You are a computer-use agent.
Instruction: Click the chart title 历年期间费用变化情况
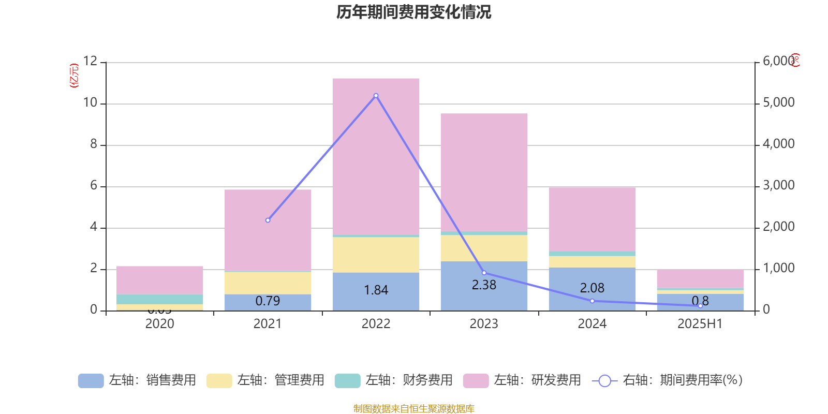[x=413, y=12]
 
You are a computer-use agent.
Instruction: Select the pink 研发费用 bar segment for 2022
[x=376, y=155]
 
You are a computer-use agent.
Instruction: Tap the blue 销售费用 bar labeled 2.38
[x=484, y=286]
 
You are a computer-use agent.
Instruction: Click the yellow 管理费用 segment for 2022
[x=376, y=255]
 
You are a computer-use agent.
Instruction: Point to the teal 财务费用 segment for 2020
[x=160, y=299]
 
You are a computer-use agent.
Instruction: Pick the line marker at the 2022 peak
[x=376, y=96]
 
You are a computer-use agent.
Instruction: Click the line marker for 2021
[x=268, y=220]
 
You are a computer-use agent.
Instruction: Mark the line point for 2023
[x=484, y=273]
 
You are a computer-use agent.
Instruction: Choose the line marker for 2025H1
[x=700, y=306]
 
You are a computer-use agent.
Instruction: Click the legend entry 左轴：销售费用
[x=138, y=380]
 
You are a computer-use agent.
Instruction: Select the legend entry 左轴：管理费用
[x=266, y=380]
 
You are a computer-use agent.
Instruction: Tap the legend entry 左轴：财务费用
[x=394, y=380]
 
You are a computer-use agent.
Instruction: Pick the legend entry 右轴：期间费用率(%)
[x=668, y=380]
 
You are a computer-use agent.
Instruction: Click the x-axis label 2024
[x=592, y=324]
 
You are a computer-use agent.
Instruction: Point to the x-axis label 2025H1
[x=700, y=324]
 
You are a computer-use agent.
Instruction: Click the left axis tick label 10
[x=91, y=103]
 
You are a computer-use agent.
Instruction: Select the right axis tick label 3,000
[x=779, y=185]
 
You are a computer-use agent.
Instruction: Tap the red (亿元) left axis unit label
[x=74, y=76]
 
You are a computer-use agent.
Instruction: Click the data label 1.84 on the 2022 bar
[x=376, y=290]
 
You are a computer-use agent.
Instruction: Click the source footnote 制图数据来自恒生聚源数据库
[x=413, y=409]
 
